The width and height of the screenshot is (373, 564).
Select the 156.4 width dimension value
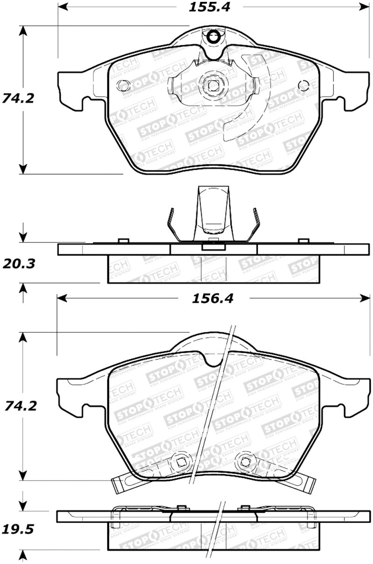[x=213, y=299]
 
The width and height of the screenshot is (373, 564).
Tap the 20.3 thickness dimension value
[x=19, y=264]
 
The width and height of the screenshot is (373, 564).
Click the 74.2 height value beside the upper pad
[x=19, y=99]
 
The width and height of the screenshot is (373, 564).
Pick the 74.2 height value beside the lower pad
[x=19, y=406]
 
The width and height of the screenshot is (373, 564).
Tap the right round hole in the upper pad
[x=303, y=86]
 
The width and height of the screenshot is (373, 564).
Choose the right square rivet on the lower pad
[x=244, y=462]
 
